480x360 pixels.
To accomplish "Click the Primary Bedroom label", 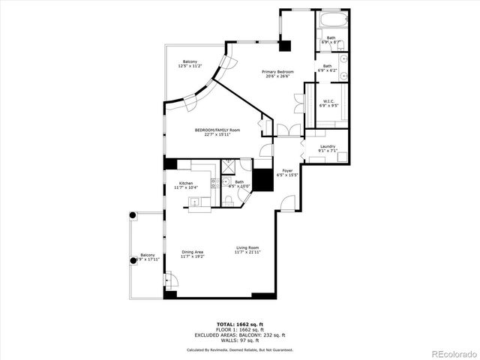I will pos(277,72).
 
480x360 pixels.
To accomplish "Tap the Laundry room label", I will pos(327,146).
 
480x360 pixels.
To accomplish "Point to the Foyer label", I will pos(287,171).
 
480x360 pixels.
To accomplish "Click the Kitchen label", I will pos(185,183).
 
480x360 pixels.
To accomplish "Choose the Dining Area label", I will pos(192,251).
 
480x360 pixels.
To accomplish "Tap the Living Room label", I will pos(247,248).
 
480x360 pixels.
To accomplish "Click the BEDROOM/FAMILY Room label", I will pos(217,130).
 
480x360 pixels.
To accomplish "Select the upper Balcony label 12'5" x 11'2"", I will pos(190,61).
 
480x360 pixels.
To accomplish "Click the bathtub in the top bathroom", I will pos(331,20).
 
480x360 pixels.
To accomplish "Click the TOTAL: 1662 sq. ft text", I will pos(240,325).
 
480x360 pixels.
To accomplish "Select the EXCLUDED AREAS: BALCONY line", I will pos(240,334).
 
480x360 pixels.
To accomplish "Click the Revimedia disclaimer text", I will pos(240,349).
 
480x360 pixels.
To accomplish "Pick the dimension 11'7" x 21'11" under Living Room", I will pos(247,253).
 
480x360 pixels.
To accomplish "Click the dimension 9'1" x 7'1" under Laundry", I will pos(327,151).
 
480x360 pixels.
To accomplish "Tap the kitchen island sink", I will pos(193,201).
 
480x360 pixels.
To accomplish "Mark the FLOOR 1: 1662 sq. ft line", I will pos(240,330).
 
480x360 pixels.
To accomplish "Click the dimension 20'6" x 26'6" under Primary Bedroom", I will pos(277,76).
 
